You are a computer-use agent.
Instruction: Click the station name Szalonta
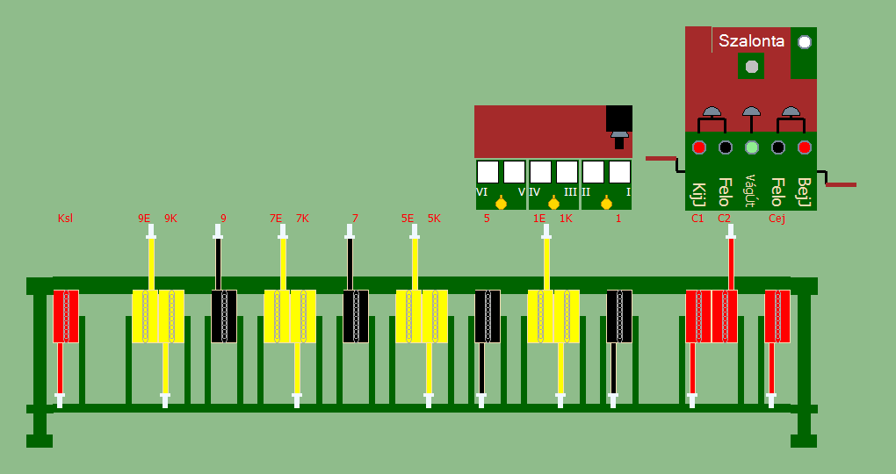751,40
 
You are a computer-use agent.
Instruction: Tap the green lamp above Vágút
751,147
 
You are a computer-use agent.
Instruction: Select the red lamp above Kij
699,147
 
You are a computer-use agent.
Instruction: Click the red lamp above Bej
804,147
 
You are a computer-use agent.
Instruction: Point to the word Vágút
751,190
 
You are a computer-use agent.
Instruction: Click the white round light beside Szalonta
804,41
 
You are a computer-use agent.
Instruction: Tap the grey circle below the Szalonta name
751,66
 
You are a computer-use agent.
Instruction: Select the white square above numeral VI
488,171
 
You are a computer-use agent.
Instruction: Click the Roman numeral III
570,192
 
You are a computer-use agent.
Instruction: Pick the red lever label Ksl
65,219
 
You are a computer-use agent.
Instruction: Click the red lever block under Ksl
66,316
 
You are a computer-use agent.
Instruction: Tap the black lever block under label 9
224,316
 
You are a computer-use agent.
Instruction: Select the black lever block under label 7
356,316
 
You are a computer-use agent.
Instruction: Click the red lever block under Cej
777,316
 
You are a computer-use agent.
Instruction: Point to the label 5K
434,219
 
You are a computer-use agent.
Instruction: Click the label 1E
539,219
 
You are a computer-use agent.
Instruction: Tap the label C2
724,219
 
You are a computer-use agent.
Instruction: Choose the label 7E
276,219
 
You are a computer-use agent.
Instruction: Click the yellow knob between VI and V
501,204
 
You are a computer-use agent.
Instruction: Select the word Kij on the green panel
699,191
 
